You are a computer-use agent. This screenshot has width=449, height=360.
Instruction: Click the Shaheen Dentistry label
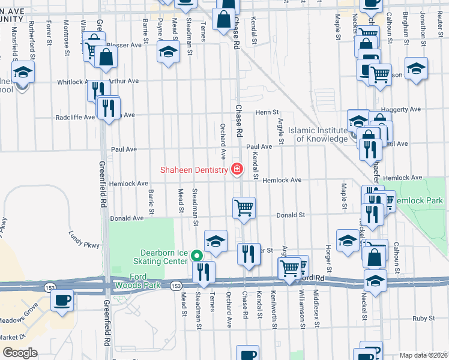click(x=194, y=170)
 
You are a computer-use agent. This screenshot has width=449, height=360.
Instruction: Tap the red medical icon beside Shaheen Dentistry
click(x=237, y=170)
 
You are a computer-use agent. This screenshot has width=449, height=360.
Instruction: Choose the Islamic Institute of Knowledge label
click(x=318, y=134)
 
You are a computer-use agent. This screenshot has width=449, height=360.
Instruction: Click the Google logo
click(x=19, y=353)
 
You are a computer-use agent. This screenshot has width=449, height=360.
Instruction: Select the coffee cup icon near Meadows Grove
click(x=62, y=299)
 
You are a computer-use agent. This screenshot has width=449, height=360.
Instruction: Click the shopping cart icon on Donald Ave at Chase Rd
click(x=244, y=208)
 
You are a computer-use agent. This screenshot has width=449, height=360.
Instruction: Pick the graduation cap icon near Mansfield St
click(x=23, y=73)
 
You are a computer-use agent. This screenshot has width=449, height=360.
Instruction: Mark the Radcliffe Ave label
click(x=75, y=118)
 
